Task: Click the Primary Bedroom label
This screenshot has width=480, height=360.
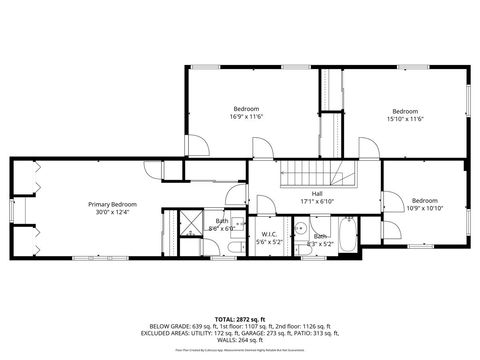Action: click(111, 204)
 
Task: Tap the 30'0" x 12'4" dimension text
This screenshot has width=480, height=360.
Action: click(111, 212)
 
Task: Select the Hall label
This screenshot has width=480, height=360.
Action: click(316, 193)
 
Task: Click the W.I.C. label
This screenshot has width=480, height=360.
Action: click(268, 235)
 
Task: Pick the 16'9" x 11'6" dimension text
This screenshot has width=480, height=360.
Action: click(246, 117)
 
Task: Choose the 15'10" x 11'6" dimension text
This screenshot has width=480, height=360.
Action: click(404, 119)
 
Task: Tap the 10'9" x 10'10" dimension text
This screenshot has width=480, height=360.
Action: click(425, 207)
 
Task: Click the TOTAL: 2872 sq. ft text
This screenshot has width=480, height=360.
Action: click(239, 318)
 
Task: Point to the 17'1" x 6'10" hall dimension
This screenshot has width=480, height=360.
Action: click(316, 201)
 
